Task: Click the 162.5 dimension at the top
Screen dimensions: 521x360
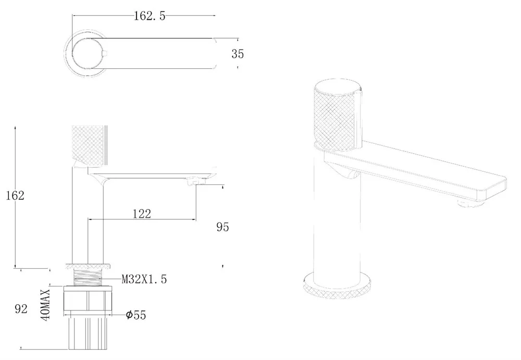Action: click(149, 16)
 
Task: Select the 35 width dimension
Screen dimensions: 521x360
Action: click(238, 54)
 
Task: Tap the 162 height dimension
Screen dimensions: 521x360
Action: click(15, 195)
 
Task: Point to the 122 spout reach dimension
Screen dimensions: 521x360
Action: click(142, 214)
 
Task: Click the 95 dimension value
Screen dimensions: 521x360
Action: click(222, 227)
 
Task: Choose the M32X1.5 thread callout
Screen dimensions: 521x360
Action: click(144, 279)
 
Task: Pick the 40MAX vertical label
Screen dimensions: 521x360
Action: click(45, 305)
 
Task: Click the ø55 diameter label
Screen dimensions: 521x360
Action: click(136, 315)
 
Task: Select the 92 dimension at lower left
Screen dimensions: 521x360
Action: click(21, 309)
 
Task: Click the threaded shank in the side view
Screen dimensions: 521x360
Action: click(88, 277)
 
